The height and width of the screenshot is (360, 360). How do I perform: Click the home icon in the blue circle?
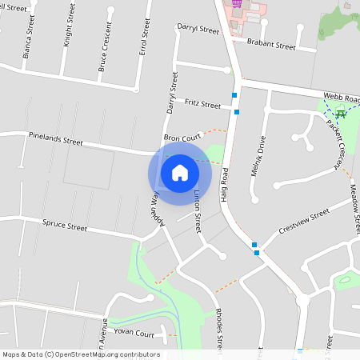tap(180, 173)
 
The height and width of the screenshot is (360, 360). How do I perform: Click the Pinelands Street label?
tap(55, 140)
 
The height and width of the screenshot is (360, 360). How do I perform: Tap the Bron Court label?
tap(182, 138)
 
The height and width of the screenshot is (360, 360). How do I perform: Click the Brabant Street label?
tap(271, 46)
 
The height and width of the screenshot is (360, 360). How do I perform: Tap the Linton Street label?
tap(197, 211)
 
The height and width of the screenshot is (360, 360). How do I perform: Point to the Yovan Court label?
tap(134, 334)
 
